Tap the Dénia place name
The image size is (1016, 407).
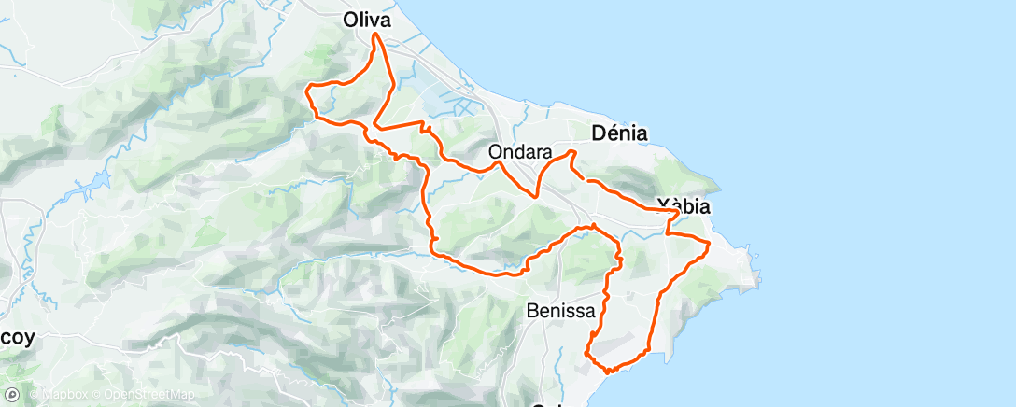pyautogui.click(x=620, y=133)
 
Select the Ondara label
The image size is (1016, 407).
pyautogui.click(x=520, y=151)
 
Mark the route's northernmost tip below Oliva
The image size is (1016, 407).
pyautogui.click(x=376, y=35)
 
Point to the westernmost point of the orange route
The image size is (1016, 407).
pyautogui.click(x=307, y=89)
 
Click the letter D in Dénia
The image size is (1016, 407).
pyautogui.click(x=599, y=133)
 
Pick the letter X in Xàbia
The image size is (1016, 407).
pyautogui.click(x=664, y=205)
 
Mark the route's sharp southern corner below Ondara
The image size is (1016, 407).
pyautogui.click(x=534, y=196)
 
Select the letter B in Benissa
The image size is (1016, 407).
pyautogui.click(x=532, y=309)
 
